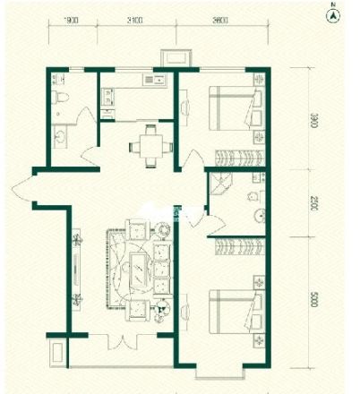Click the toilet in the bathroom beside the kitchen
tap(59, 96)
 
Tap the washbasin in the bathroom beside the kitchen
tap(59, 133)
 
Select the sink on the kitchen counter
tap(108, 96)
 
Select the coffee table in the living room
tap(141, 268)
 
